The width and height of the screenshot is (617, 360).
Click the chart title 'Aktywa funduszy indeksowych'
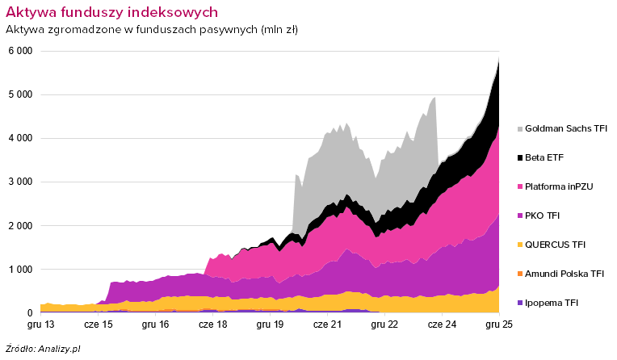click(111, 13)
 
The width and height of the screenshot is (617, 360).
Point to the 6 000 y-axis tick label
click(20, 51)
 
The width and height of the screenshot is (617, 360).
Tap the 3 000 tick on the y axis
click(20, 182)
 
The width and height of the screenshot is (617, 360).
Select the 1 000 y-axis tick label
click(20, 269)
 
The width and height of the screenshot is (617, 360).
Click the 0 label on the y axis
click(29, 313)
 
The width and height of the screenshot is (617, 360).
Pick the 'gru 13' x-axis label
click(40, 324)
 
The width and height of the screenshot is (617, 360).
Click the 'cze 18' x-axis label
click(212, 324)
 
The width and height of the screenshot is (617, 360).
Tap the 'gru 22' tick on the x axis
click(384, 324)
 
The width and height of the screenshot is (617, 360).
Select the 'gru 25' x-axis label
click(499, 324)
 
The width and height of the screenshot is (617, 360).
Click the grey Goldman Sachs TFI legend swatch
click(518, 128)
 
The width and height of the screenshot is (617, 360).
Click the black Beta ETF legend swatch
click(518, 157)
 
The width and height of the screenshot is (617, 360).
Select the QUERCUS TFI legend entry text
click(556, 245)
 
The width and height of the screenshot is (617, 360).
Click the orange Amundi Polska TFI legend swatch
click(518, 274)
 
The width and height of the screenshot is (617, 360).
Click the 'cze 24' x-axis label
click(442, 324)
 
